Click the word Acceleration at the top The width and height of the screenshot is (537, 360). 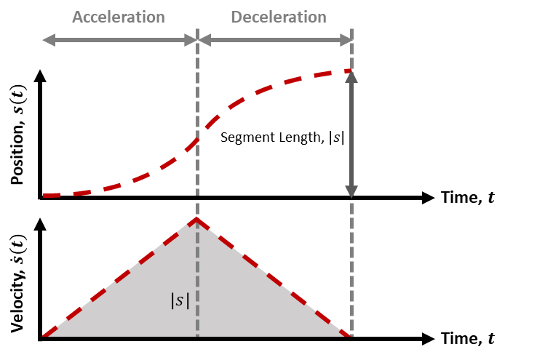pos(119,16)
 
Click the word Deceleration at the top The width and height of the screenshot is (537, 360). pos(278,16)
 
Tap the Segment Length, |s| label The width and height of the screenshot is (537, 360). pos(282,136)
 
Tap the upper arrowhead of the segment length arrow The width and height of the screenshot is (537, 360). pos(351,76)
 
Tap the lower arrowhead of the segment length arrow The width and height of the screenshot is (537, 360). pos(351,191)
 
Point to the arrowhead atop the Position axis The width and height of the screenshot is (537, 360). pos(40,74)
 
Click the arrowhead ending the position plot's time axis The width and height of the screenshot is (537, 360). pos(429,197)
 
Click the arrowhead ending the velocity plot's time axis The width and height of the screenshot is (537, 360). pos(429,339)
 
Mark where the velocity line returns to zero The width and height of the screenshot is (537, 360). pos(351,338)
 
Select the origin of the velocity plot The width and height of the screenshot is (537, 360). pos(41,339)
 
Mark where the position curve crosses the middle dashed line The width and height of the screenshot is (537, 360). pos(197,140)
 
